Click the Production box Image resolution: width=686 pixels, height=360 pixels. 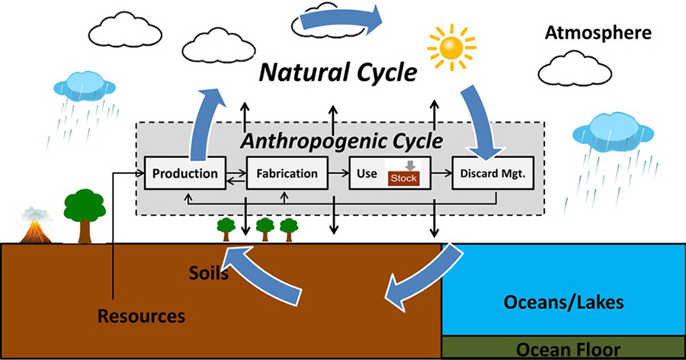185,173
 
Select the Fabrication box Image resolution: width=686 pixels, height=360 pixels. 287,173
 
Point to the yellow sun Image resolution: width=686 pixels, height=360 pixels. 454,47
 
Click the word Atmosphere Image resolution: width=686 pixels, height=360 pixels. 598,33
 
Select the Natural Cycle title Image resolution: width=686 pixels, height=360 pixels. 338,73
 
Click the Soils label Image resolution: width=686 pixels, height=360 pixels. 209,272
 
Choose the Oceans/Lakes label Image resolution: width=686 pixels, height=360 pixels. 564,303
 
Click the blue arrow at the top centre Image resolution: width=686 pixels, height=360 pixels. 340,21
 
